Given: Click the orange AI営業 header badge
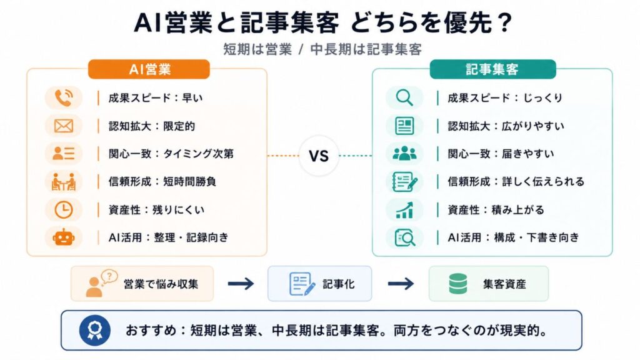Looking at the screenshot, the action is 149,69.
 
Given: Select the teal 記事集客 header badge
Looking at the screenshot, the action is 492,69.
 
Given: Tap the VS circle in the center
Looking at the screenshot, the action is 319,156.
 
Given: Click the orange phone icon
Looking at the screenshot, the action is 63,98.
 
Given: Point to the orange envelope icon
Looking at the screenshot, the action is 64,126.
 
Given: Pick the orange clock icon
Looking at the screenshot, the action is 64,210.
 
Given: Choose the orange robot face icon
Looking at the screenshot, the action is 64,237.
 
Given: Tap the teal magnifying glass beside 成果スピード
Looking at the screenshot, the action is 404,98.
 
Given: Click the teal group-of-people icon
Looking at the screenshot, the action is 404,154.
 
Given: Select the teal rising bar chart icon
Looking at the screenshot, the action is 404,210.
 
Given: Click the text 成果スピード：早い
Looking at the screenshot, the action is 156,98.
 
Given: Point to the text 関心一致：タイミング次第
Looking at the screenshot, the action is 171,154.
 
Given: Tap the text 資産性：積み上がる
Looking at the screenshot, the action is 496,210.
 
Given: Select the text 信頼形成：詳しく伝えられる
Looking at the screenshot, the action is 516,181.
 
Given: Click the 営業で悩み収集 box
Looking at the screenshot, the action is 142,284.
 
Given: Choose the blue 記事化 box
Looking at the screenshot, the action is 319,284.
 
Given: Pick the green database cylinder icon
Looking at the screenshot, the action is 458,284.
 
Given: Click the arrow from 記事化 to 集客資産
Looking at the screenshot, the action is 401,284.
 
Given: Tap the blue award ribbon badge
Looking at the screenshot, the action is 95,330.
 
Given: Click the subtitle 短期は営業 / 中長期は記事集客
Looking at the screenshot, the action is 322,49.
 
